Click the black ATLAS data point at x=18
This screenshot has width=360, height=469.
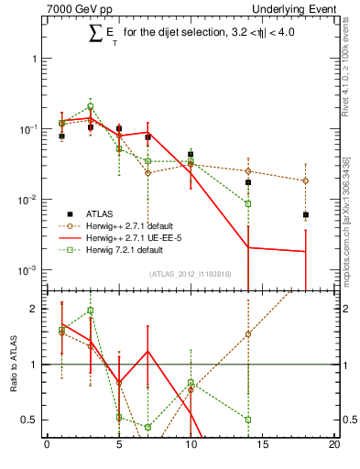pyautogui.click(x=306, y=215)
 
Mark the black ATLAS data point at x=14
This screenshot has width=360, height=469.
pyautogui.click(x=248, y=182)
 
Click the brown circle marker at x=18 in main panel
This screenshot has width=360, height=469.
pyautogui.click(x=306, y=180)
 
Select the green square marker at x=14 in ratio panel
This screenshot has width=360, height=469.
pyautogui.click(x=248, y=420)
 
